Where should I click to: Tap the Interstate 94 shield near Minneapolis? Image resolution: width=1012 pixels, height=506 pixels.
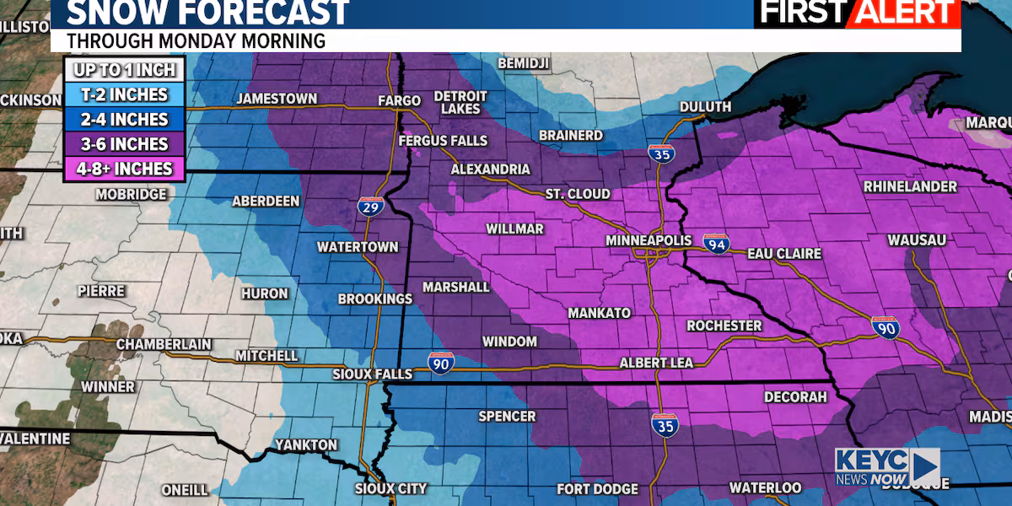(x=715, y=242)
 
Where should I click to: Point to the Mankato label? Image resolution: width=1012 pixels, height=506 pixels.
(x=599, y=313)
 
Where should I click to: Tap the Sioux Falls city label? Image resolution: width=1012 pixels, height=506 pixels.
(x=372, y=374)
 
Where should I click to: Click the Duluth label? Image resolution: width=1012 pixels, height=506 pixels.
(x=706, y=107)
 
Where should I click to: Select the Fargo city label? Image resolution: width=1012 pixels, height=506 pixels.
(x=399, y=101)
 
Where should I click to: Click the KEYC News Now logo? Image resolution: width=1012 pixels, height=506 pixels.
(x=885, y=466)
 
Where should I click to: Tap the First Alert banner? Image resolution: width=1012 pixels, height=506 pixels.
(x=857, y=13)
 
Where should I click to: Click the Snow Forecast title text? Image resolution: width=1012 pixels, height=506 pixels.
(x=207, y=13)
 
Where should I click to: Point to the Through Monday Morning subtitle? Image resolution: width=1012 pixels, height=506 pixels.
(x=196, y=40)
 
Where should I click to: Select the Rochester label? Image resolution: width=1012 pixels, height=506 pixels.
(x=724, y=326)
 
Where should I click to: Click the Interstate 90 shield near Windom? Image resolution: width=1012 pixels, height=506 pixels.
(x=441, y=362)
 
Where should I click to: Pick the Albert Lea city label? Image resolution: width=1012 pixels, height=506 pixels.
(x=656, y=363)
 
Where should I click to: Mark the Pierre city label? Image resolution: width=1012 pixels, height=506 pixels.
(x=101, y=291)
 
